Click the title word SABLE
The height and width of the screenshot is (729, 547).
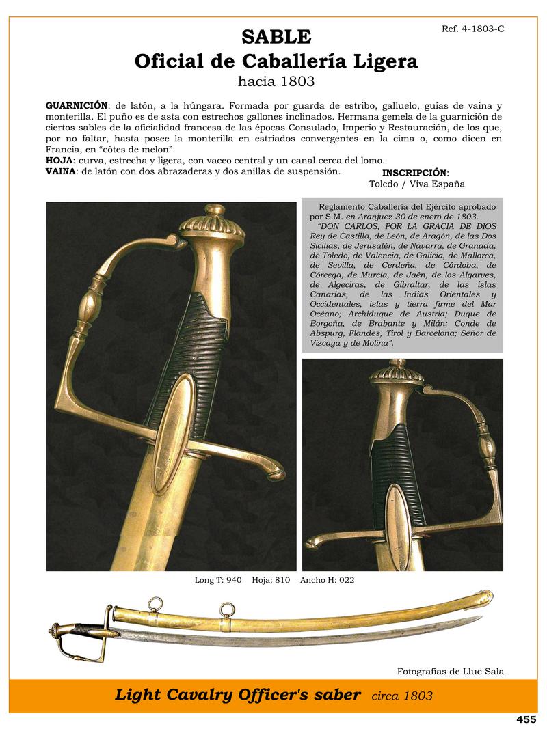click(x=276, y=36)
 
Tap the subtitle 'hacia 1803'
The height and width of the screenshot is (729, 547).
click(x=276, y=83)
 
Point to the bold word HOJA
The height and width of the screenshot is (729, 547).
click(x=59, y=161)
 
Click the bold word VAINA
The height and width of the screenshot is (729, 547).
click(x=61, y=171)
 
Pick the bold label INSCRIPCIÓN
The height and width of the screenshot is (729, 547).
click(x=415, y=173)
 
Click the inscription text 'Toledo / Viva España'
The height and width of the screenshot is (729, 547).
click(x=417, y=184)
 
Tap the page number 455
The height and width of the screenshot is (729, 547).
click(x=526, y=719)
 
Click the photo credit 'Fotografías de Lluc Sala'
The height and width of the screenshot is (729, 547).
click(x=450, y=671)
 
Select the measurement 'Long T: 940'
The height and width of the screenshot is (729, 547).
click(x=218, y=581)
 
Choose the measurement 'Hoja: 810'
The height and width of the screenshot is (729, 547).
click(x=271, y=581)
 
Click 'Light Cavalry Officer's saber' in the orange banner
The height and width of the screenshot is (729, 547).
click(x=238, y=696)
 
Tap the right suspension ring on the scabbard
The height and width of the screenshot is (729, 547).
click(x=226, y=609)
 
